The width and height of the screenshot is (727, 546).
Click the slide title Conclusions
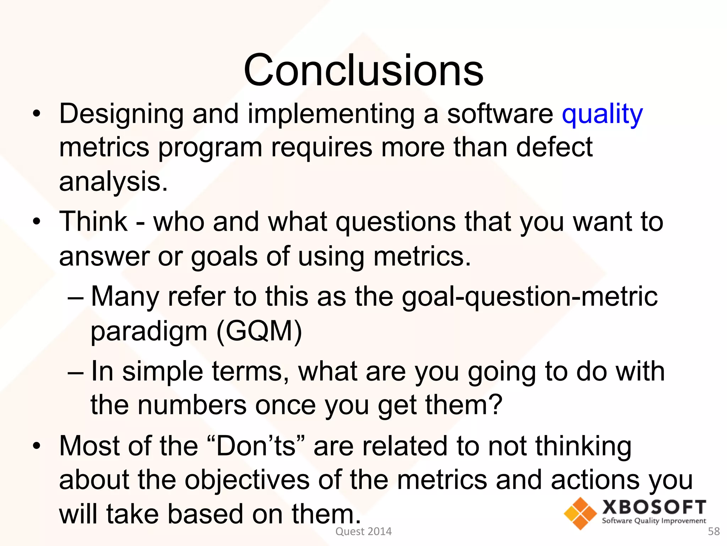pos(363,70)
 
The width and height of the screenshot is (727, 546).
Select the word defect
pos(554,147)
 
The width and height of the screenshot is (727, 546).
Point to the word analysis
pos(113,181)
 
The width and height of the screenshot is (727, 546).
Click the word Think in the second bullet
pos(93,222)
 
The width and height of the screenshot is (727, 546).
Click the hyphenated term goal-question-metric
pos(529,296)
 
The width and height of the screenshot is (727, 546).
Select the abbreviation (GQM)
pos(259,331)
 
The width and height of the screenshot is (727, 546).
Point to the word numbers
pos(192,405)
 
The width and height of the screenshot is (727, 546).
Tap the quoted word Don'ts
pos(256,446)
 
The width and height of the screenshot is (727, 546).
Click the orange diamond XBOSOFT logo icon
pos(580,513)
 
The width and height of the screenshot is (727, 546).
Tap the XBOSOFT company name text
pos(654,507)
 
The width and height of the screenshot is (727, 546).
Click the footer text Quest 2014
pos(363,531)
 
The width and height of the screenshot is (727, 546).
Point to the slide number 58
pos(714,531)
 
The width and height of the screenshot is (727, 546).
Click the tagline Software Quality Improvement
pos(654,521)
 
